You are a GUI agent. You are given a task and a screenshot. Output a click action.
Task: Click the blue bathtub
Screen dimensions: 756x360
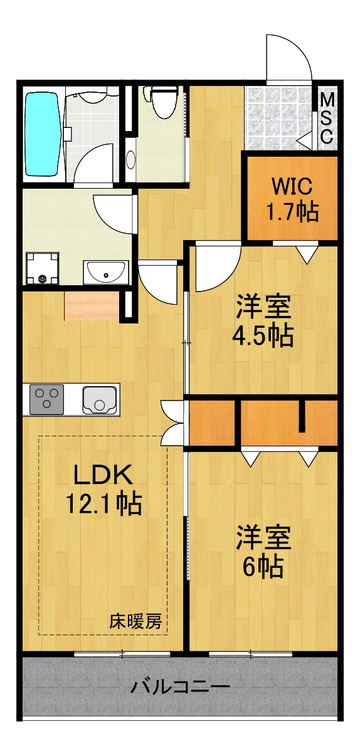(x=42, y=134)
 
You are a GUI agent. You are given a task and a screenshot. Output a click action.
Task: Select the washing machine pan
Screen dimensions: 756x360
(x=43, y=268)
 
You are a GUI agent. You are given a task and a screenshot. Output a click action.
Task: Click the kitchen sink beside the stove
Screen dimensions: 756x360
(x=100, y=399)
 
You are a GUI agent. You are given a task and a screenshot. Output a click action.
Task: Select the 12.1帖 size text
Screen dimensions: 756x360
(x=103, y=503)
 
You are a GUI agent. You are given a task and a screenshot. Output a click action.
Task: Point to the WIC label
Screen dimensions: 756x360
(x=291, y=187)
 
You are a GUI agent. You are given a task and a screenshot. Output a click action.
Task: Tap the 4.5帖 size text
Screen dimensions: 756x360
(x=263, y=337)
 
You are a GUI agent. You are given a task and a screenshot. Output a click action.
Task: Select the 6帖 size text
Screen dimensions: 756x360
(x=263, y=567)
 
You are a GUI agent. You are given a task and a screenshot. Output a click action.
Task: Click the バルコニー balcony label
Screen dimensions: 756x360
(x=180, y=687)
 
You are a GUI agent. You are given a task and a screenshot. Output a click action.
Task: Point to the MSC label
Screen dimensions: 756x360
(x=327, y=118)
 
